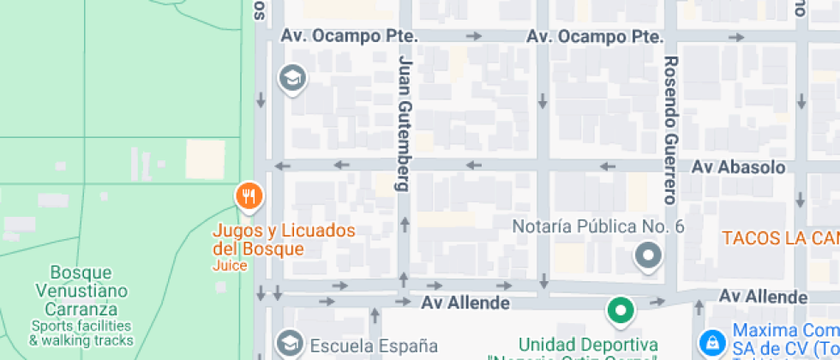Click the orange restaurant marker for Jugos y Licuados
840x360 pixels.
(x=249, y=196)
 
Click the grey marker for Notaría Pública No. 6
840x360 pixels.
(x=648, y=255)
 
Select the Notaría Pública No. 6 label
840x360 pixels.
(x=597, y=227)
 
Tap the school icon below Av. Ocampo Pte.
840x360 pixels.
(x=292, y=78)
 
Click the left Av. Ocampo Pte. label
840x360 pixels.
(x=349, y=37)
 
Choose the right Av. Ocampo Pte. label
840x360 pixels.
(x=595, y=37)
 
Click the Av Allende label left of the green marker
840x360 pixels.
(x=465, y=303)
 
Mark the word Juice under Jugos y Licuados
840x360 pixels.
(x=230, y=266)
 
